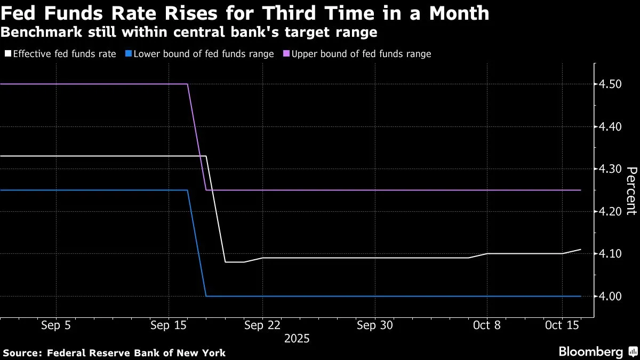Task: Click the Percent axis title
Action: tap(631, 190)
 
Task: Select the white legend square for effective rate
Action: tap(7, 54)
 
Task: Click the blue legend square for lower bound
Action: tap(128, 54)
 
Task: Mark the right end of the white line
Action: tap(580, 250)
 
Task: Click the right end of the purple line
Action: tap(580, 190)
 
